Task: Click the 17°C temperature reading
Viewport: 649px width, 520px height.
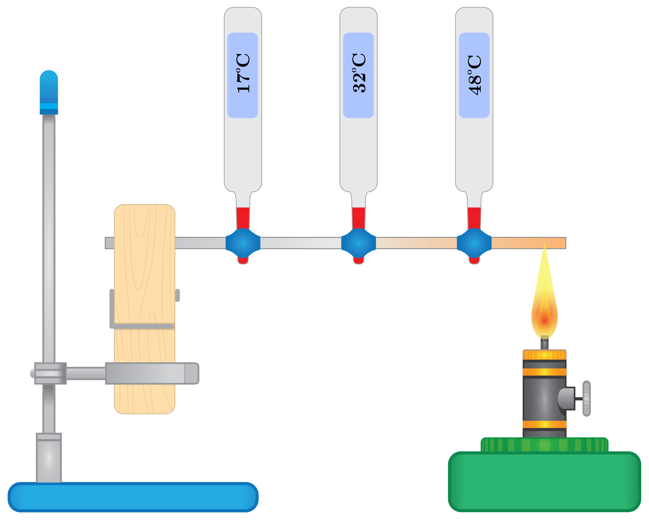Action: tap(243, 73)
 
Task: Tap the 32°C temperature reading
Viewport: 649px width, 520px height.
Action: tap(359, 73)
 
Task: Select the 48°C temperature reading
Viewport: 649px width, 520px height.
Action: tap(474, 74)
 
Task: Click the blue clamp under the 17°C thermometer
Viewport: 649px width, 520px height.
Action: tap(243, 243)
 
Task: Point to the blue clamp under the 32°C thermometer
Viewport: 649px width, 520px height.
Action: tap(359, 243)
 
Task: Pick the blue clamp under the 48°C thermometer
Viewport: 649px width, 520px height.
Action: tap(474, 243)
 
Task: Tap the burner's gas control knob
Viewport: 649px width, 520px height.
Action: tap(587, 398)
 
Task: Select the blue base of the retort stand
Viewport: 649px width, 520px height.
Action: tap(133, 497)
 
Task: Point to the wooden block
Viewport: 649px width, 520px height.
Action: tap(145, 270)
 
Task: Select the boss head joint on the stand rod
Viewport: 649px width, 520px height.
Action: tap(50, 373)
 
